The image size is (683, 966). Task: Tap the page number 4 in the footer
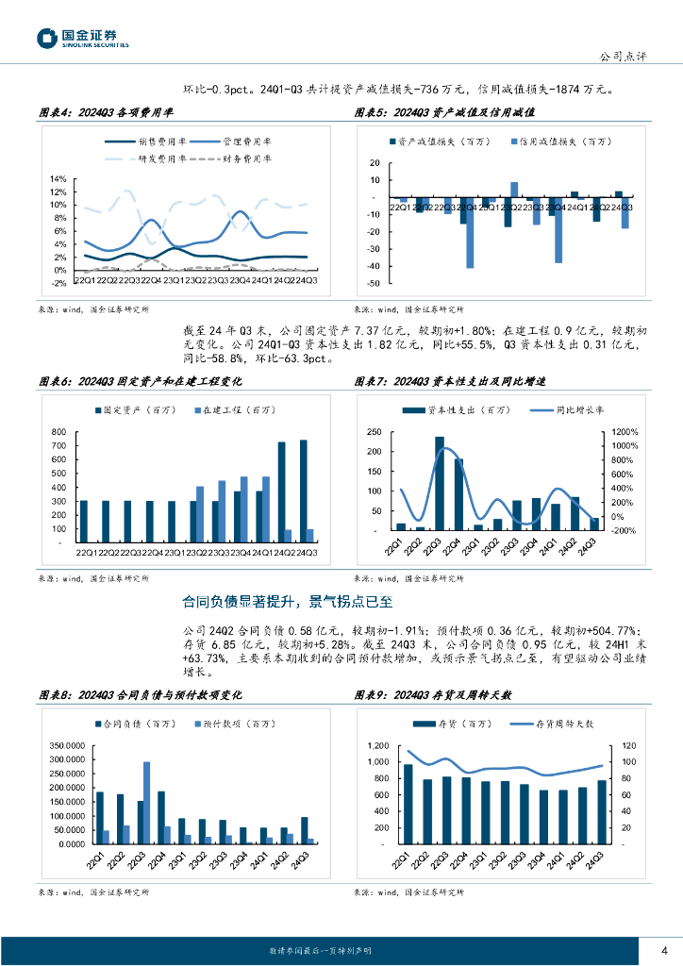coord(664,950)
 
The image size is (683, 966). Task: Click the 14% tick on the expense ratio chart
coord(58,179)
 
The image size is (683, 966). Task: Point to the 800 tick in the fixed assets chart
coord(58,431)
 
